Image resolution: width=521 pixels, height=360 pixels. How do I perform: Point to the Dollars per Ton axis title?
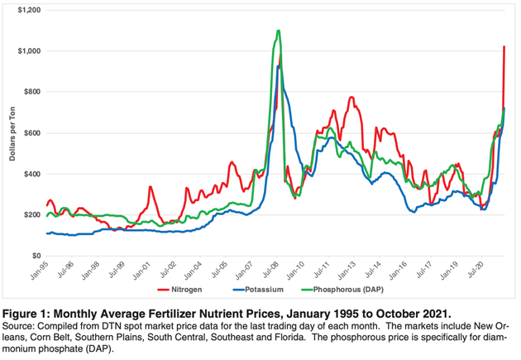(x=14, y=132)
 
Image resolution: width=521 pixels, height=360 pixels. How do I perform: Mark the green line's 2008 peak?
(x=279, y=31)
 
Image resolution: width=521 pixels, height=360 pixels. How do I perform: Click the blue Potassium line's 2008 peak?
(x=280, y=66)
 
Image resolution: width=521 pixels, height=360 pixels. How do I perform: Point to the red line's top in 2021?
(x=504, y=46)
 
